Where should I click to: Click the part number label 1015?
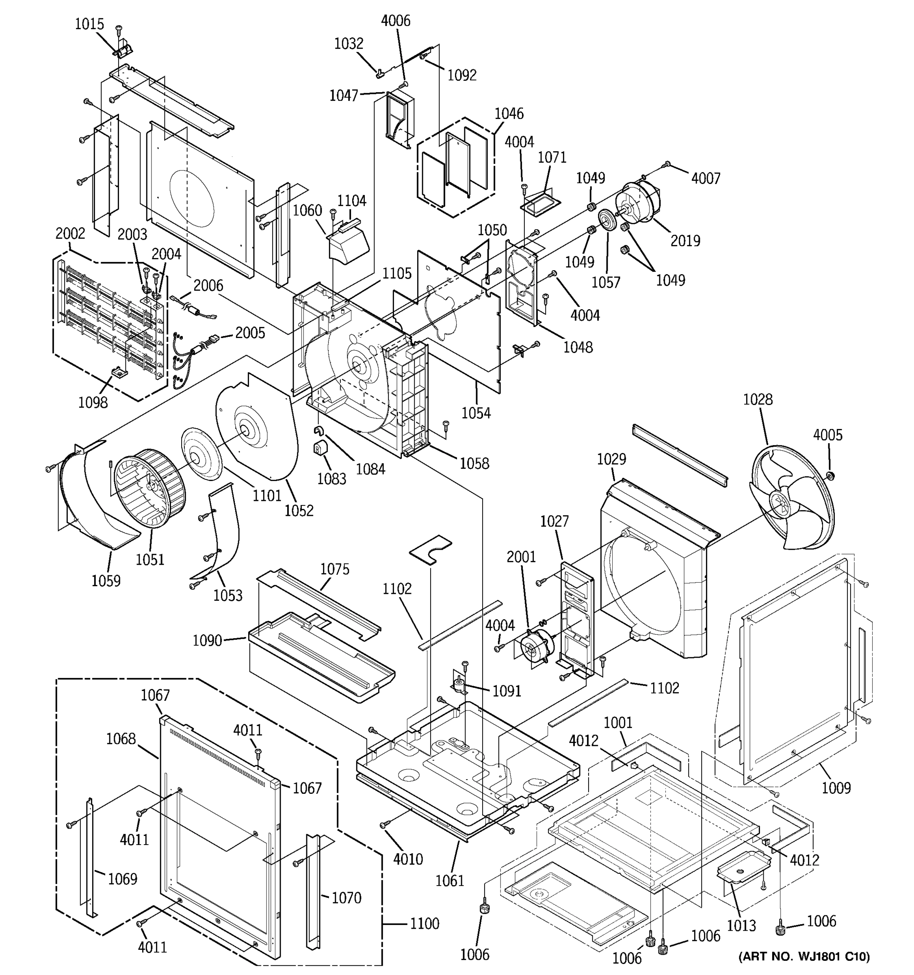(x=89, y=24)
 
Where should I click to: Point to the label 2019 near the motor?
(x=685, y=241)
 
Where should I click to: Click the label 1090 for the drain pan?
(x=207, y=641)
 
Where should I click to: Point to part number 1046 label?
(x=509, y=114)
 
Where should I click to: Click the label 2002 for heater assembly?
(x=70, y=234)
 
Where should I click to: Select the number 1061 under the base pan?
(x=450, y=881)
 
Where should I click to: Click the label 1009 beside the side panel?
(x=836, y=788)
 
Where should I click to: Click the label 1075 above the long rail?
(x=334, y=570)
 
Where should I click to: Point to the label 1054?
(x=476, y=414)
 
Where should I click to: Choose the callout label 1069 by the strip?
(x=122, y=879)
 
